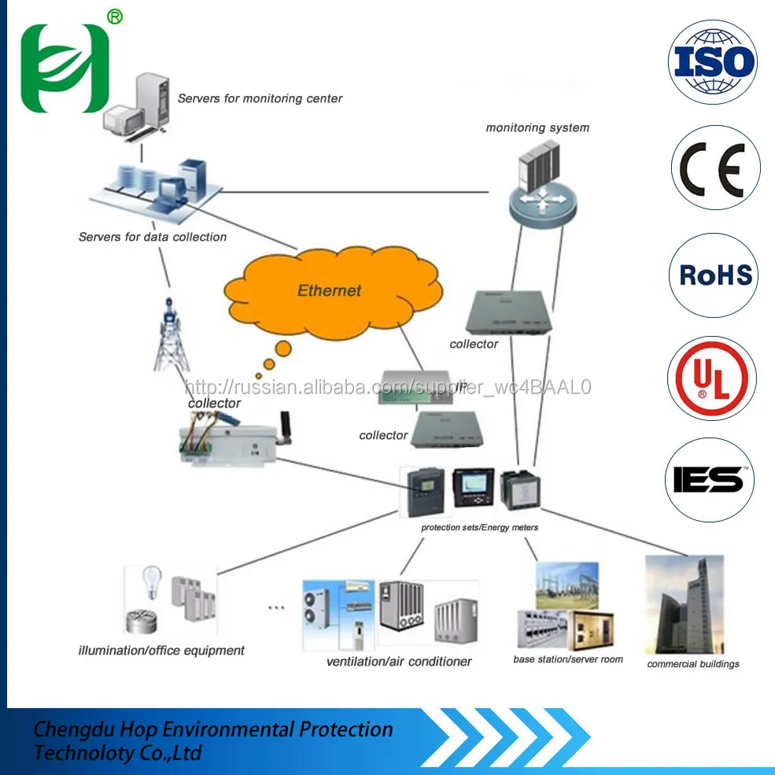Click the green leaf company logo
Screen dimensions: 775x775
64,68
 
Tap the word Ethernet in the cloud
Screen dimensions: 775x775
329,290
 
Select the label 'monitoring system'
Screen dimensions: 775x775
537,127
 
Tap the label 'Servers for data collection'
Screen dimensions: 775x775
153,237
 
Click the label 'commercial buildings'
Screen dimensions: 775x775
693,664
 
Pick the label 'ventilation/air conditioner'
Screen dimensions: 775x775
399,662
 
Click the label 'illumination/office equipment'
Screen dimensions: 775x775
161,651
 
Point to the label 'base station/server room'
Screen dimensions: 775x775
568,659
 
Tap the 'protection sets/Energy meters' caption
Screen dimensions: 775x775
480,527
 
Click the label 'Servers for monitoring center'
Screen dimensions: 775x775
260,98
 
